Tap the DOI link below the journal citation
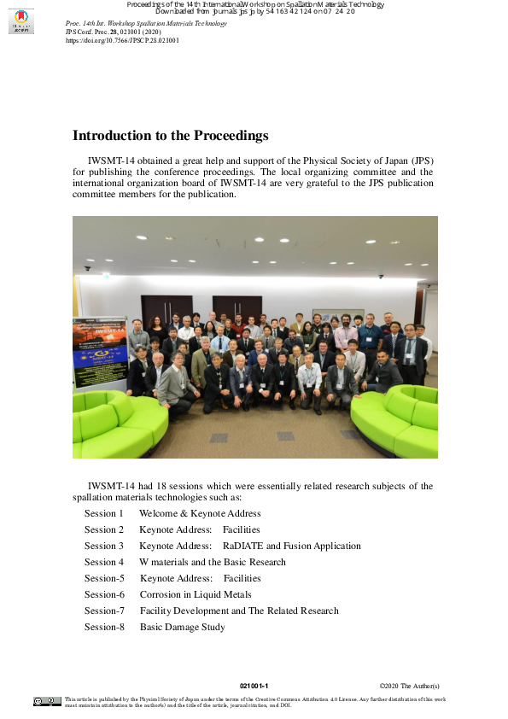tap(122, 40)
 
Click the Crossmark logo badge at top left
tap(21, 21)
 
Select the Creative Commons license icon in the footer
tap(47, 701)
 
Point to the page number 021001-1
tap(254, 686)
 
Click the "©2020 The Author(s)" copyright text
tap(409, 686)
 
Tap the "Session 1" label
tap(104, 513)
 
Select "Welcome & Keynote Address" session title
tap(200, 513)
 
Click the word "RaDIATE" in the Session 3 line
tap(242, 546)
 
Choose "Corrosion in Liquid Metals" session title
tap(196, 594)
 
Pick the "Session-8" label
tap(104, 627)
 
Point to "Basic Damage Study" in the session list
tap(182, 627)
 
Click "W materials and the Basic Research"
tap(213, 562)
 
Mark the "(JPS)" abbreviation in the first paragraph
tap(422, 161)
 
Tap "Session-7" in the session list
tap(104, 611)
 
